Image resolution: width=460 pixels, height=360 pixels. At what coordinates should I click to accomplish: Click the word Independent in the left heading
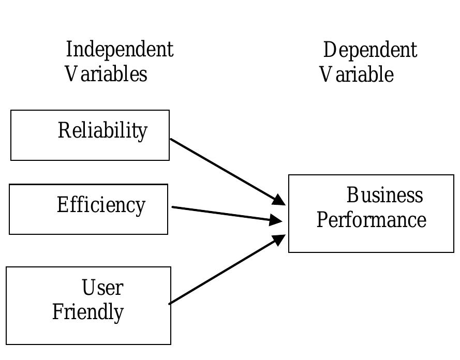click(120, 50)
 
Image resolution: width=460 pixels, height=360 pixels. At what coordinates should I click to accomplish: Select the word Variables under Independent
click(106, 73)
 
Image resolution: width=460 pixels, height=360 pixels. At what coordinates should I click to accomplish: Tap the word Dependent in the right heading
click(370, 50)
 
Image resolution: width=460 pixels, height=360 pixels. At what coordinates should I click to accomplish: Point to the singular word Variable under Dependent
click(357, 74)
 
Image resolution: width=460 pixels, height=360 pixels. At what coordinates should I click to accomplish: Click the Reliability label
click(102, 130)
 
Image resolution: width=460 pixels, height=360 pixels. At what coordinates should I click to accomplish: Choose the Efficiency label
click(101, 205)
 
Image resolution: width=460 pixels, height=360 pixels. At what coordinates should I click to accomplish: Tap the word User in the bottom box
click(102, 288)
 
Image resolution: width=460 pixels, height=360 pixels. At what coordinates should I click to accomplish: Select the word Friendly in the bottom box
click(88, 312)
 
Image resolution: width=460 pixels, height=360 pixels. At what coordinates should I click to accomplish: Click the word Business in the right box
click(384, 196)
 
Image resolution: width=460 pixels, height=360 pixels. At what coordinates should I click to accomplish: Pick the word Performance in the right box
click(371, 220)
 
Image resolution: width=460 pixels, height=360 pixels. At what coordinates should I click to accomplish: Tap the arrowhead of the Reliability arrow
click(279, 200)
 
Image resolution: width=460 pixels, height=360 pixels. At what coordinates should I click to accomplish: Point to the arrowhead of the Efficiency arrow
click(276, 220)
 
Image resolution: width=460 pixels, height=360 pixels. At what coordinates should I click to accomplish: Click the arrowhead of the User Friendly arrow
click(279, 240)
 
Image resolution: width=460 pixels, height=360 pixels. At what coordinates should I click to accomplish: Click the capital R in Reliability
click(64, 130)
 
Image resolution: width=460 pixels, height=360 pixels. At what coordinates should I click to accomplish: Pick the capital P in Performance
click(322, 220)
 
